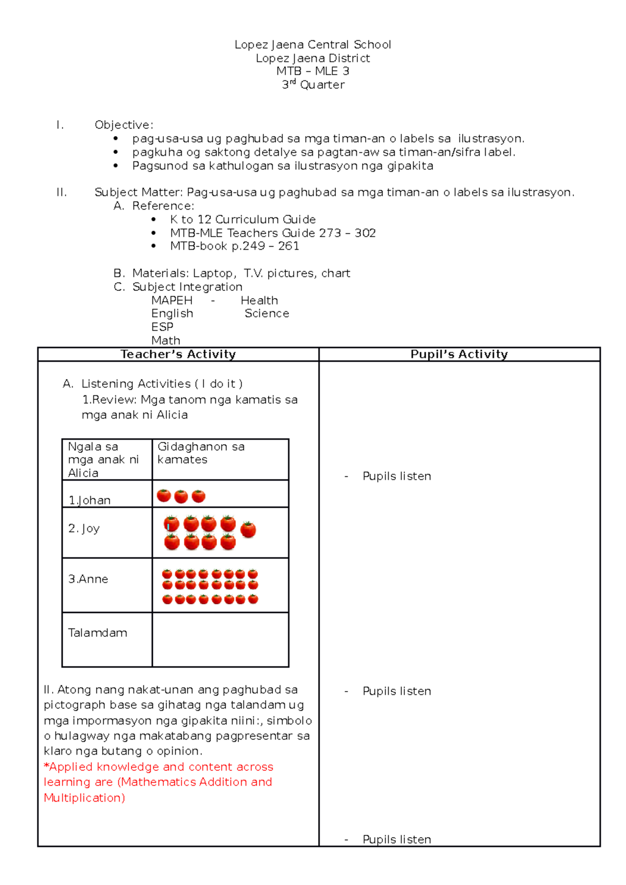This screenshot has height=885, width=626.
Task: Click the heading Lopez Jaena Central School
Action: click(312, 45)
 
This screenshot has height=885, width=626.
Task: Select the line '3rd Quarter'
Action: click(313, 84)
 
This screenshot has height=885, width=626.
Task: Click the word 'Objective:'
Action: click(124, 125)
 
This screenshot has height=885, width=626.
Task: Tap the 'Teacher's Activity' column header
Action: click(178, 354)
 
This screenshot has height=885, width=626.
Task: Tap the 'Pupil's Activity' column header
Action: click(459, 354)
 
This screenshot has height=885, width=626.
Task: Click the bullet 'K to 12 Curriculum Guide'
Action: click(243, 219)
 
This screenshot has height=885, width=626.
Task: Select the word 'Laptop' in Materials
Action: click(213, 273)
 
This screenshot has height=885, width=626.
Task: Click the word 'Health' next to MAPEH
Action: click(259, 300)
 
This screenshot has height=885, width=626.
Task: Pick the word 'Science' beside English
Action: click(267, 313)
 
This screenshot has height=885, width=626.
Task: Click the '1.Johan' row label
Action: click(90, 500)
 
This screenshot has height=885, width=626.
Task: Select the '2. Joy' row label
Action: click(84, 528)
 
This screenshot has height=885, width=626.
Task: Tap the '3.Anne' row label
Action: click(88, 579)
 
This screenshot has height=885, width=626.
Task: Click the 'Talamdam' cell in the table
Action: click(98, 633)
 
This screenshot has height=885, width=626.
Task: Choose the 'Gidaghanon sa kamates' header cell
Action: click(201, 453)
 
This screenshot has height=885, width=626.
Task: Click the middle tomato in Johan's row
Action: click(181, 496)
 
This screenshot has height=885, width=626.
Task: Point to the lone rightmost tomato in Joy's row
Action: click(248, 530)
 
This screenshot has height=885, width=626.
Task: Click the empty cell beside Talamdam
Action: click(220, 640)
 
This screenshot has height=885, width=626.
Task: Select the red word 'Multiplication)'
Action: click(85, 798)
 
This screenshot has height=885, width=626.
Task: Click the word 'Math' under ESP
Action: click(166, 340)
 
